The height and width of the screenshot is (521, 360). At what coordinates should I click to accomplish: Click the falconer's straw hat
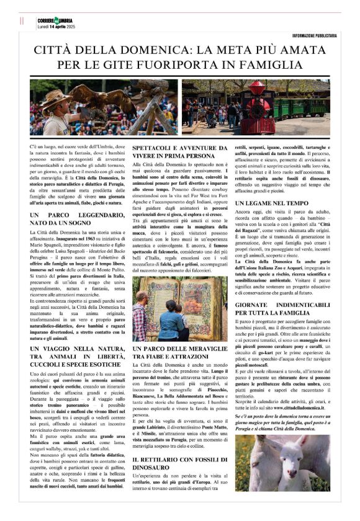[x=58, y=97]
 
